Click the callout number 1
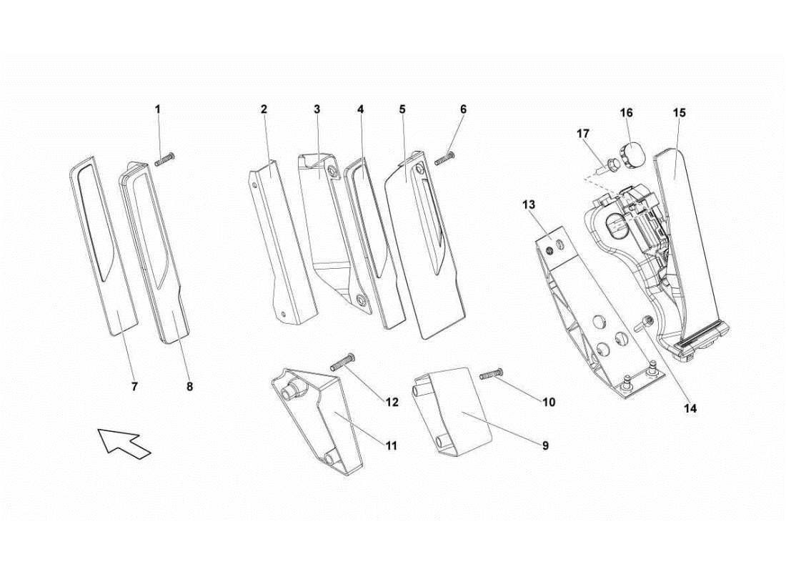(158, 109)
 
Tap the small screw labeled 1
(166, 159)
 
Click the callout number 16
(626, 113)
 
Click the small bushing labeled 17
(612, 167)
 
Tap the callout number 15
(679, 113)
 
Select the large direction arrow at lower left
(124, 440)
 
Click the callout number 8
(189, 386)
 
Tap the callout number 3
(317, 109)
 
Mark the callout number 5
(402, 109)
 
